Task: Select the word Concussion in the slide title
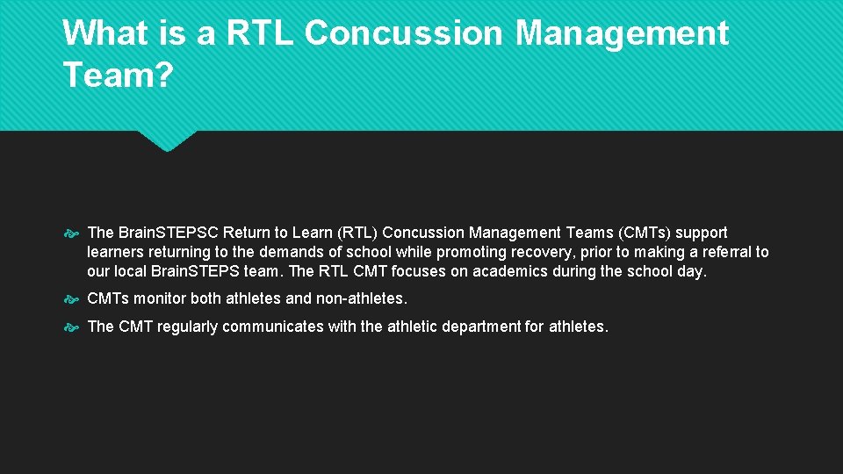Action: [x=406, y=33]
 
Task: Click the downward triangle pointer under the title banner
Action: [x=167, y=140]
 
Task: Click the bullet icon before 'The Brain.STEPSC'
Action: [x=73, y=233]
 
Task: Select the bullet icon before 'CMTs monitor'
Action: [x=73, y=299]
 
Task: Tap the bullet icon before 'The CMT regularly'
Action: [x=73, y=327]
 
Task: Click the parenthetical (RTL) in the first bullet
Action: [x=359, y=233]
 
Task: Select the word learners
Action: [x=116, y=252]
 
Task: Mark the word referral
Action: [x=724, y=252]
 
